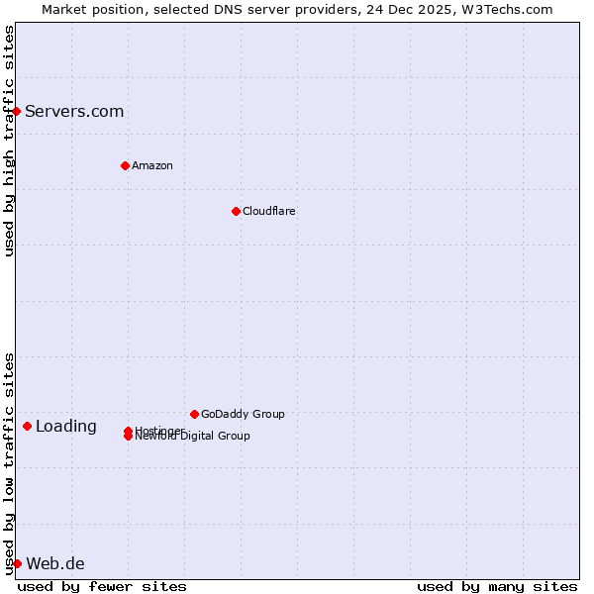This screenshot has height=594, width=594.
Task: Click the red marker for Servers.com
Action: tap(17, 111)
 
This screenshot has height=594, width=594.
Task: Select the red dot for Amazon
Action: tap(125, 165)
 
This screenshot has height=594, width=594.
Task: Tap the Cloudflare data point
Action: tap(236, 211)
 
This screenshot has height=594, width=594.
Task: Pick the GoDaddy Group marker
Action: tap(194, 414)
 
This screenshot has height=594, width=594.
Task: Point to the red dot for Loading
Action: tap(27, 426)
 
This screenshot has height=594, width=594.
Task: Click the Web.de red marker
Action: tap(17, 563)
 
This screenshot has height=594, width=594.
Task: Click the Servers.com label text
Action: tap(74, 111)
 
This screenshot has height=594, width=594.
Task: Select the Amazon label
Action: tap(151, 165)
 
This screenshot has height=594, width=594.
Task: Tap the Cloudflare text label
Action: tap(268, 211)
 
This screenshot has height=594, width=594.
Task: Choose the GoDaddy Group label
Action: tap(243, 414)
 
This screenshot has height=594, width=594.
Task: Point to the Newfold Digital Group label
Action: tap(192, 437)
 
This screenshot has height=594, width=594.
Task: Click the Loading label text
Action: tap(66, 427)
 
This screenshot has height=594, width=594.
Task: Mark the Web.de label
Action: tap(55, 563)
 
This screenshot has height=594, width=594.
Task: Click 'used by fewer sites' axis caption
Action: tap(102, 586)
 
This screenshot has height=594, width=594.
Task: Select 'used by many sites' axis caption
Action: tap(497, 586)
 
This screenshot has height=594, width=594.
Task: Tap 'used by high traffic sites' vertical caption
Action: tap(9, 141)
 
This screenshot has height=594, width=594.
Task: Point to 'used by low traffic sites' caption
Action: tap(9, 463)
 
